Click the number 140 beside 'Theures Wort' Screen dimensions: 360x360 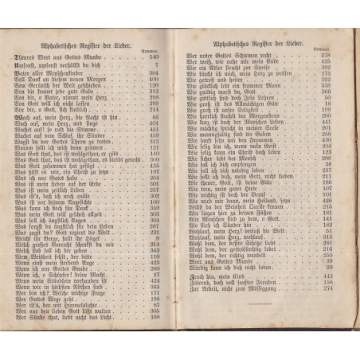tap(154, 57)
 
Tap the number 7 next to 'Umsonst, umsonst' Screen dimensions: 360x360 tap(157, 64)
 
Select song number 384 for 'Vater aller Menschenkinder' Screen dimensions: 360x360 tap(154, 72)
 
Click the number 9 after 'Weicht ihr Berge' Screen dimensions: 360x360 tap(157, 238)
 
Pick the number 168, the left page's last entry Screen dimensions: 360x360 tap(154, 316)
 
